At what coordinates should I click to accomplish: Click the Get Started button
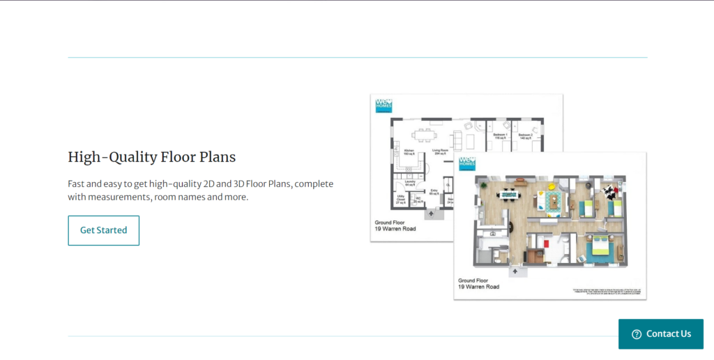[103, 230]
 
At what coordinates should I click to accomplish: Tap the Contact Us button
[661, 334]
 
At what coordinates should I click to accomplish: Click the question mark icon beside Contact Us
[636, 334]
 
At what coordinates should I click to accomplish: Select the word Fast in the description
[77, 184]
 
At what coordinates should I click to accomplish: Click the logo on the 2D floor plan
[383, 104]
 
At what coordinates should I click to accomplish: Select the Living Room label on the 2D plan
[440, 151]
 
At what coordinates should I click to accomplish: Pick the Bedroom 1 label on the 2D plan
[500, 135]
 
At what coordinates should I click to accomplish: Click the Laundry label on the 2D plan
[410, 183]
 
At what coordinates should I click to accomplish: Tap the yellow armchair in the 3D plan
[550, 186]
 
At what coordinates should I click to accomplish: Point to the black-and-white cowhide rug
[608, 190]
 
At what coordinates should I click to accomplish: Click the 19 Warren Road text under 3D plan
[478, 287]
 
